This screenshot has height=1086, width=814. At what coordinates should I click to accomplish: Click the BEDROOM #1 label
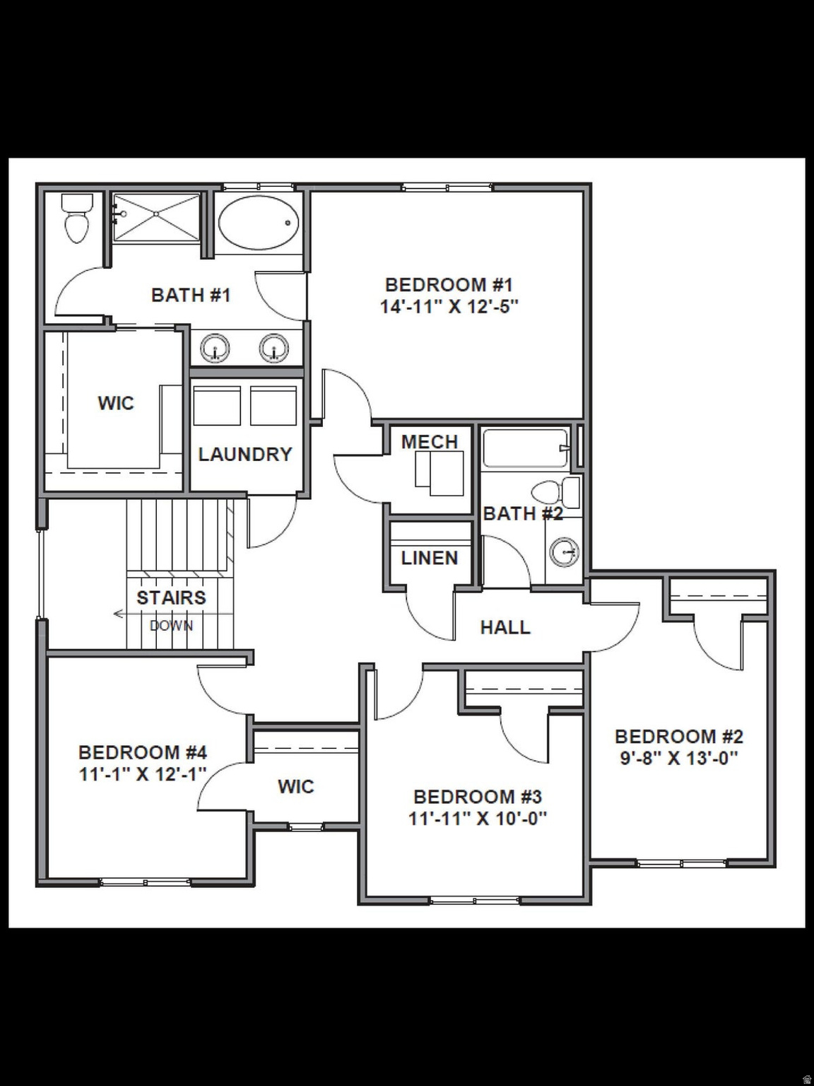[449, 285]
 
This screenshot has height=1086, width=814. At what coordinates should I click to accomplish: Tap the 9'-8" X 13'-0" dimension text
[679, 759]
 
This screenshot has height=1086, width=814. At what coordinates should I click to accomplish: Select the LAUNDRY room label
[244, 454]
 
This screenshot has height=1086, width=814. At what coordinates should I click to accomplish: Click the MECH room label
[430, 442]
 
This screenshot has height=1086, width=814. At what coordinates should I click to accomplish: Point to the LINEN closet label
[430, 558]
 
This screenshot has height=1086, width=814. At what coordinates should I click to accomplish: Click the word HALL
[505, 627]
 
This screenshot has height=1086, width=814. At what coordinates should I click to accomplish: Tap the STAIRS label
[171, 597]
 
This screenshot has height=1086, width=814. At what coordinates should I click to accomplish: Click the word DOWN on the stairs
[171, 625]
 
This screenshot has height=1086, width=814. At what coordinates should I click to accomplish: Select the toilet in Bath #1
[76, 219]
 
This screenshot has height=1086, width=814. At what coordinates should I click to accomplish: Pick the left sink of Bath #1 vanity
[216, 348]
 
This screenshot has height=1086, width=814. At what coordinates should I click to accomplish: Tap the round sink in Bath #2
[564, 551]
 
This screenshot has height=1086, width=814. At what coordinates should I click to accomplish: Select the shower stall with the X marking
[157, 217]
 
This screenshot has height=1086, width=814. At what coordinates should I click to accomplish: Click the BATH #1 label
[191, 295]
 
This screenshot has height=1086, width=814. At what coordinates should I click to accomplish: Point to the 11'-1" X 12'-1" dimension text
[143, 774]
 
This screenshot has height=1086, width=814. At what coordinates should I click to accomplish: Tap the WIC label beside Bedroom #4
[295, 786]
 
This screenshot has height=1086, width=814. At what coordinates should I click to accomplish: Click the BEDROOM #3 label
[478, 797]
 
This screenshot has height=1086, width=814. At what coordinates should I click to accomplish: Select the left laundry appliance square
[217, 407]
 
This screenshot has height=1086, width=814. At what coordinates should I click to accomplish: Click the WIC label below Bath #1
[116, 403]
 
